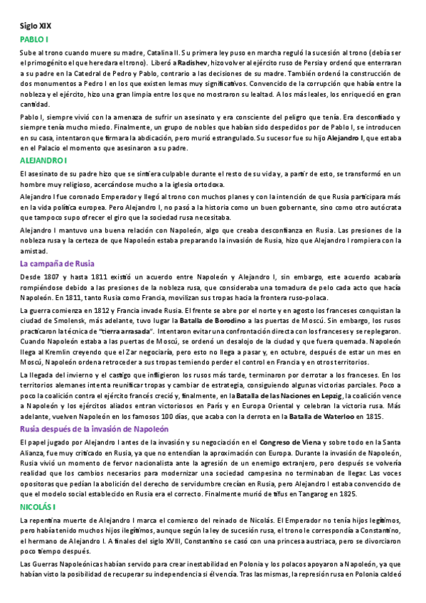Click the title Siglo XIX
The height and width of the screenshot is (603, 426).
[x=36, y=26]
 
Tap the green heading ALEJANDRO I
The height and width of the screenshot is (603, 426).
[x=43, y=160]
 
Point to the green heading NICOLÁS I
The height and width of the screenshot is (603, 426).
[x=38, y=506]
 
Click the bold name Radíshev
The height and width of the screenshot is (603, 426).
[x=193, y=63]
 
